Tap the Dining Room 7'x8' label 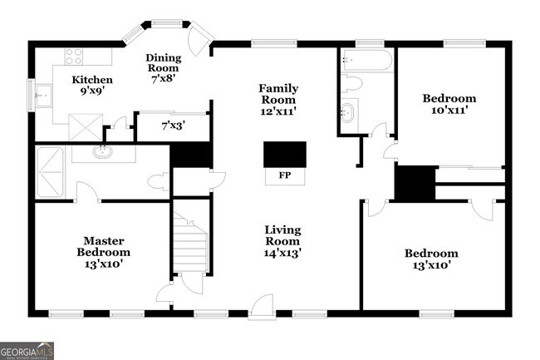click(163, 68)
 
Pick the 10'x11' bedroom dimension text click(449, 111)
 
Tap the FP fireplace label click(285, 175)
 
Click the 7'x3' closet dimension click(174, 126)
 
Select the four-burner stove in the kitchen click(74, 57)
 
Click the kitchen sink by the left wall click(44, 96)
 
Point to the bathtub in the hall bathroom click(366, 61)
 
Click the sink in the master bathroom click(103, 153)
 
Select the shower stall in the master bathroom click(50, 172)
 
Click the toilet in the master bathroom click(159, 181)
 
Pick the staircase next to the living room click(190, 242)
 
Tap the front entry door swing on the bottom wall click(262, 307)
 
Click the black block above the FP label click(285, 155)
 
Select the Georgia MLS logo click(27, 351)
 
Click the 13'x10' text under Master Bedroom click(104, 264)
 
